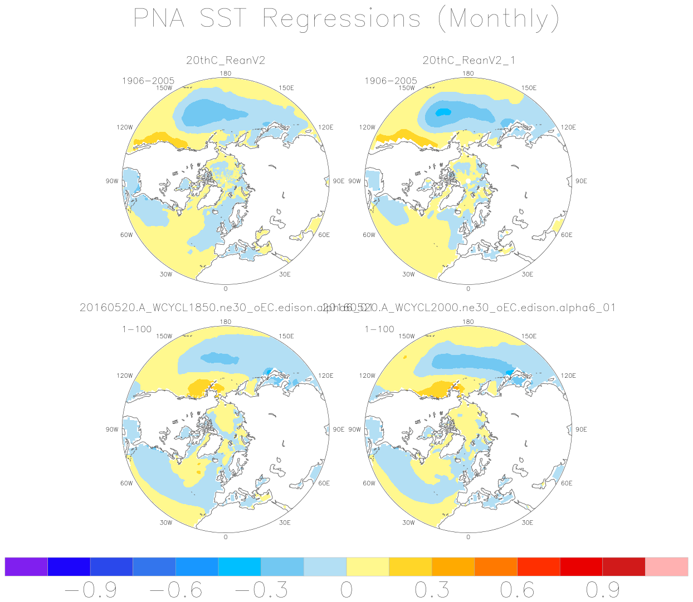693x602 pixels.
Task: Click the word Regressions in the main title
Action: [341, 20]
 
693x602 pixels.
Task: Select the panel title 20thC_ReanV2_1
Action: [468, 60]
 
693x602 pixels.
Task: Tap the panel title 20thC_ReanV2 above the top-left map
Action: [226, 60]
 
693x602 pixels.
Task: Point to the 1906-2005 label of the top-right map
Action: [391, 81]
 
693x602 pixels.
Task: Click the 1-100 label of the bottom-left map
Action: [136, 329]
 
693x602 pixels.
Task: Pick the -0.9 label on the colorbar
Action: [90, 590]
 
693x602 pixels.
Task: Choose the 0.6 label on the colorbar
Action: [517, 590]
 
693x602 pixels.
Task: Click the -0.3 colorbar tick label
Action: [261, 590]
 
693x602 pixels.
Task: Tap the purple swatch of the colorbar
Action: [26, 566]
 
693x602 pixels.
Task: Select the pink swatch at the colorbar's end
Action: [666, 566]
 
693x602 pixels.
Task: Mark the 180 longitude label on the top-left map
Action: [226, 73]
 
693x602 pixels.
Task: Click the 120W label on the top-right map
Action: [367, 127]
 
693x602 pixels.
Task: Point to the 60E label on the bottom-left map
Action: [324, 483]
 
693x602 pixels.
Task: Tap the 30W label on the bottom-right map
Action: [408, 522]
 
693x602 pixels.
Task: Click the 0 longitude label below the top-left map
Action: [226, 289]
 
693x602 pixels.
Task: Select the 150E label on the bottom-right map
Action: [529, 336]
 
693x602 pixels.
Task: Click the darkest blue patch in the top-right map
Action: [443, 112]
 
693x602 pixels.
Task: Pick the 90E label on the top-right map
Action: [581, 181]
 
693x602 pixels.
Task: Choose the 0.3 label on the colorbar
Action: [432, 590]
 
